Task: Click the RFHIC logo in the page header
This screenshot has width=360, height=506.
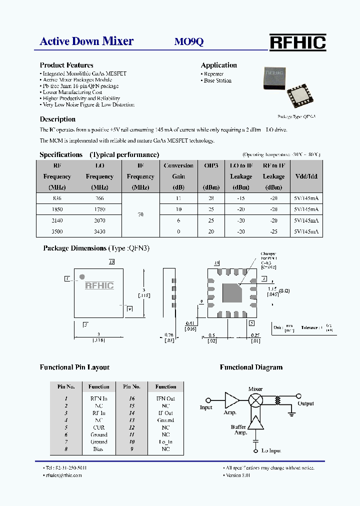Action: [297, 42]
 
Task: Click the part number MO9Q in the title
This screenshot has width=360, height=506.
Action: [188, 42]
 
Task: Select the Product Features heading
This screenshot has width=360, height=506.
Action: [66, 65]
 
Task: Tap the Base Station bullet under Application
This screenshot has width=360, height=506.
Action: [217, 80]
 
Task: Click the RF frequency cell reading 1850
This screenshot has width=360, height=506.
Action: [56, 209]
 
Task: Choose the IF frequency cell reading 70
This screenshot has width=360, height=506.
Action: [140, 214]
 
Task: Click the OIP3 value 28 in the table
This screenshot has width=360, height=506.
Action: [211, 198]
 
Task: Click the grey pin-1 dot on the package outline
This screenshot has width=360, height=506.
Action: [82, 276]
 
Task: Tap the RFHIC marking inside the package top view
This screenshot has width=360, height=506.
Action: [99, 286]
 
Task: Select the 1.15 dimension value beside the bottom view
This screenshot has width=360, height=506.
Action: [272, 289]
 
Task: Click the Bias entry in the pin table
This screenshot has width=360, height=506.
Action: [98, 449]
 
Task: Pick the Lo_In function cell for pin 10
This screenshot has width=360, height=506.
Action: [165, 442]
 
